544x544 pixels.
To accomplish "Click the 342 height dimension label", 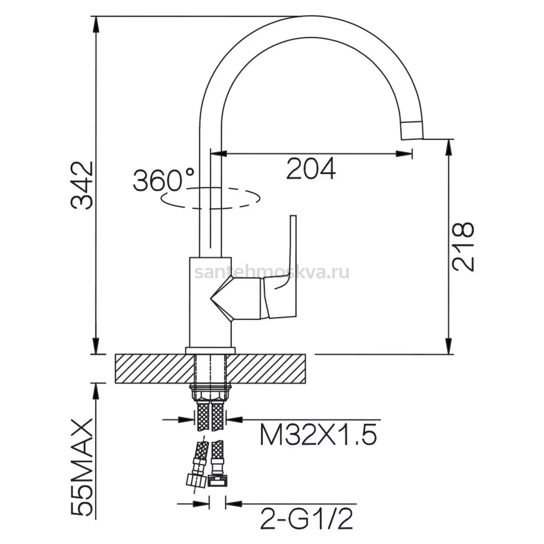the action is point(83,185).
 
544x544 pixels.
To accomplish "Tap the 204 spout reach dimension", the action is point(311,169).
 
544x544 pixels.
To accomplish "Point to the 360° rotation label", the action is point(164,180).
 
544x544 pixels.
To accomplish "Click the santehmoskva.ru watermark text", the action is point(272,272).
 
